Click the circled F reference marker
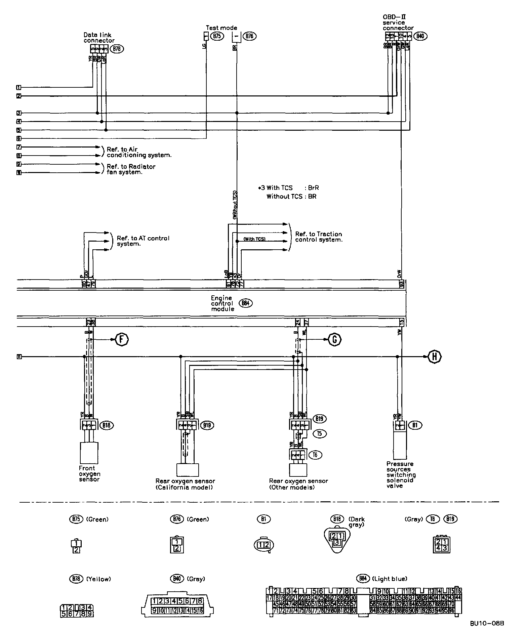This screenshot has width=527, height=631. pyautogui.click(x=122, y=339)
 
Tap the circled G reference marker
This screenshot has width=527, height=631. pyautogui.click(x=334, y=340)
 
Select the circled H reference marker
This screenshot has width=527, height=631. pyautogui.click(x=434, y=356)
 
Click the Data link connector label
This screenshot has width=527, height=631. pyautogui.click(x=99, y=38)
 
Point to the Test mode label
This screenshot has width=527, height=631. pyautogui.click(x=221, y=28)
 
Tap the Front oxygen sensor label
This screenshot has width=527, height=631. pyautogui.click(x=89, y=473)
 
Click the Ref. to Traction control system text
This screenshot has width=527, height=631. pyautogui.click(x=319, y=237)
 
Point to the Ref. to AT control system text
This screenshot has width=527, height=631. pyautogui.click(x=143, y=241)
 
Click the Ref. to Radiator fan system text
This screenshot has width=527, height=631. pyautogui.click(x=131, y=169)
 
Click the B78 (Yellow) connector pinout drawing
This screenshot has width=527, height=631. pyautogui.click(x=76, y=611)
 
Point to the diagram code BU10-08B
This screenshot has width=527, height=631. pyautogui.click(x=487, y=624)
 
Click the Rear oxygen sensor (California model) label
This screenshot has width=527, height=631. pyautogui.click(x=185, y=484)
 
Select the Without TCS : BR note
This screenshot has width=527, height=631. pyautogui.click(x=291, y=196)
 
